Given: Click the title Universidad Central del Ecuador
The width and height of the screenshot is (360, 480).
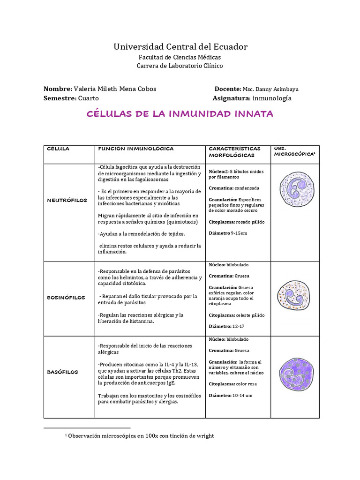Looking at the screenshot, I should [180, 46].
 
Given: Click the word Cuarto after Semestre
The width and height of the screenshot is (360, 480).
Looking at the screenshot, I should [89, 98].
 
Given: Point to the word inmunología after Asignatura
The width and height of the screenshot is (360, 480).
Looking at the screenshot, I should [272, 98].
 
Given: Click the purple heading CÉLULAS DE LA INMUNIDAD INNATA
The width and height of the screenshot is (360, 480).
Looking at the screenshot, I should [180, 114].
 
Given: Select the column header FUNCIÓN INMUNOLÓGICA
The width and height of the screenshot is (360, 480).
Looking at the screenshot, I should [135, 149].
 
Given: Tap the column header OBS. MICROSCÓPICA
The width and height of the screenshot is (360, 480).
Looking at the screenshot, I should [294, 151].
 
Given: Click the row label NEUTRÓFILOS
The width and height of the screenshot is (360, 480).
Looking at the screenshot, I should [67, 200].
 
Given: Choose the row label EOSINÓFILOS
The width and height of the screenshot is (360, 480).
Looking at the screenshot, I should [66, 297].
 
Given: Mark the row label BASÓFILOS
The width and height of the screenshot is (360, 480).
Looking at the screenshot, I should [62, 372].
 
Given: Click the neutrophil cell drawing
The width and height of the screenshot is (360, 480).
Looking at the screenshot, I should [295, 192].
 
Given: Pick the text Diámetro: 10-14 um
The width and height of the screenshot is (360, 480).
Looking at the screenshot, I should [231, 395].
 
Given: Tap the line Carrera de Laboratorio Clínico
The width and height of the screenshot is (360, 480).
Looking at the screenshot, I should [180, 66].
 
